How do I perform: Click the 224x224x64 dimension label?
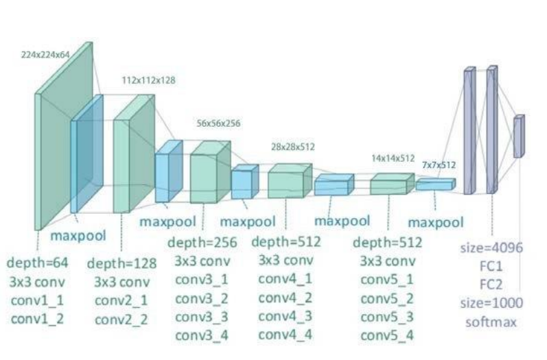pyautogui.click(x=45, y=53)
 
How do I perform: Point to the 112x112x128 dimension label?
pyautogui.click(x=148, y=80)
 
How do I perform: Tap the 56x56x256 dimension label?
pyautogui.click(x=218, y=123)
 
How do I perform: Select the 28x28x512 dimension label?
pyautogui.click(x=293, y=146)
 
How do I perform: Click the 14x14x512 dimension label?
pyautogui.click(x=393, y=158)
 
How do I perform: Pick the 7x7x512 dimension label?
pyautogui.click(x=439, y=165)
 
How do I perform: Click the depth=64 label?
pyautogui.click(x=37, y=263)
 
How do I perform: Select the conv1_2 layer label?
pyautogui.click(x=37, y=319)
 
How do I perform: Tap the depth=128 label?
pyautogui.click(x=121, y=263)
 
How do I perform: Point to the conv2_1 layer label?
pyautogui.click(x=121, y=300)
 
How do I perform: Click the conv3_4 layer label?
pyautogui.click(x=202, y=335)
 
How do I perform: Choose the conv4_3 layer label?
pyautogui.click(x=286, y=315)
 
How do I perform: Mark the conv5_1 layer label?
pyautogui.click(x=387, y=280)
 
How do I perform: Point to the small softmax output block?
pyautogui.click(x=518, y=136)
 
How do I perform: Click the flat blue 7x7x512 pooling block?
pyautogui.click(x=434, y=184)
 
